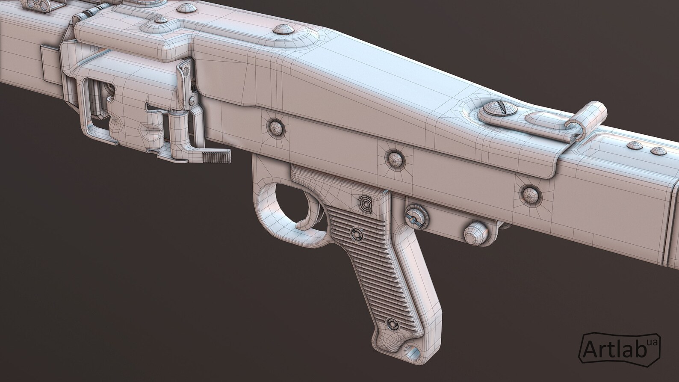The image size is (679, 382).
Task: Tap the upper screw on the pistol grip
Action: (x=355, y=233)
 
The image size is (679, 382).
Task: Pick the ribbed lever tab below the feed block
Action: (x=216, y=157)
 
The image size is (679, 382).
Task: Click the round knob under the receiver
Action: (x=475, y=233)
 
